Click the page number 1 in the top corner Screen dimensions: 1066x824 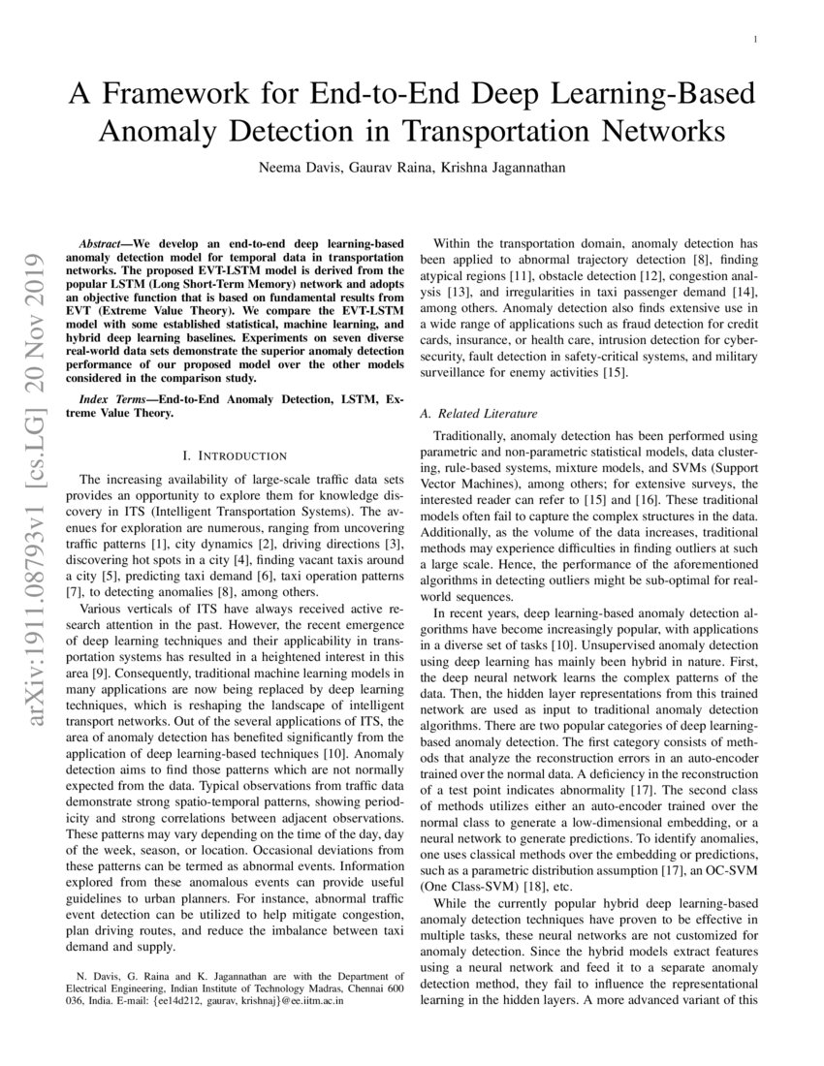754,39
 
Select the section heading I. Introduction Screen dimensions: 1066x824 235,455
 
